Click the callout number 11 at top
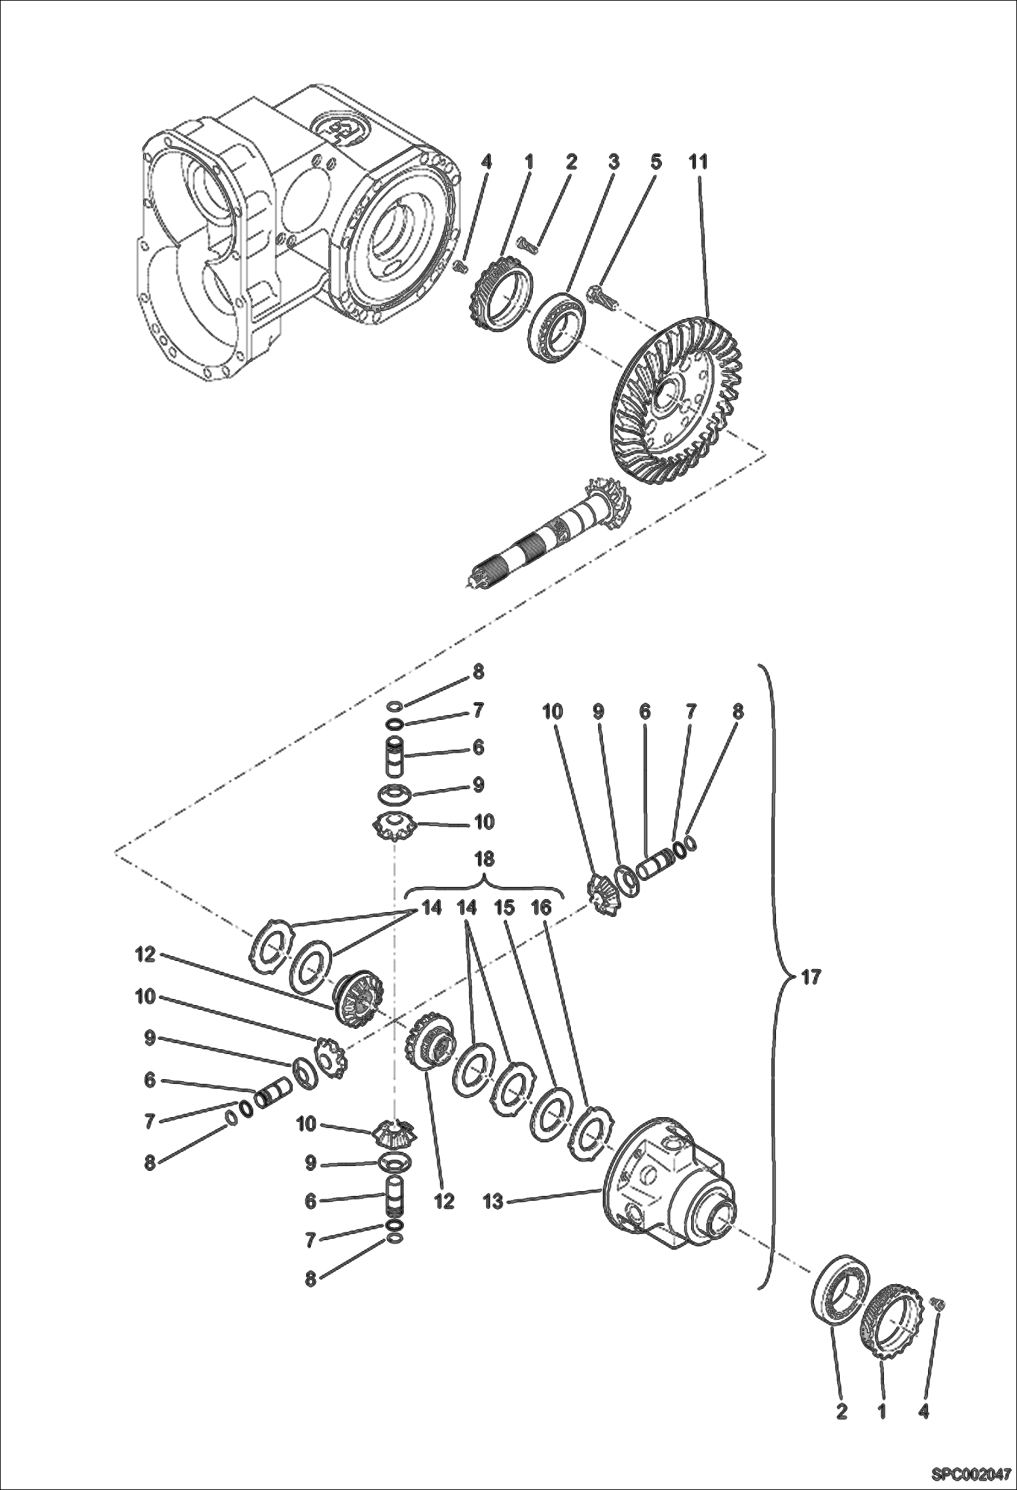pos(698,162)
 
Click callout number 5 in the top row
pos(655,162)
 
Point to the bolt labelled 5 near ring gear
pos(602,297)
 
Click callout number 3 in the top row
pos(613,162)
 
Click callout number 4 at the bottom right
pos(923,1412)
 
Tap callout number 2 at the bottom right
pos(841,1412)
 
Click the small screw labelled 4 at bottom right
pos(940,1303)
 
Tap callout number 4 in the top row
pos(485,162)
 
